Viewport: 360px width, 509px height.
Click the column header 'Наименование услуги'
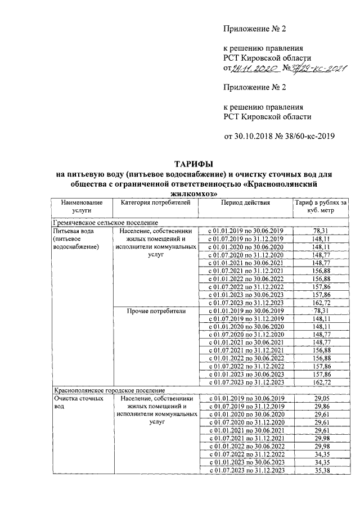pos(82,207)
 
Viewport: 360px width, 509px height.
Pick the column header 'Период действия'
pos(245,203)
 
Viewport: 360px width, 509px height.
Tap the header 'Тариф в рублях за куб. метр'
pos(321,207)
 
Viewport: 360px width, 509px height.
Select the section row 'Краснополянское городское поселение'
pos(109,390)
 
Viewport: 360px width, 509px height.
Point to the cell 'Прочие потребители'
pos(156,310)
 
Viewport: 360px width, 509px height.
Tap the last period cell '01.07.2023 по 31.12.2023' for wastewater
pos(245,470)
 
